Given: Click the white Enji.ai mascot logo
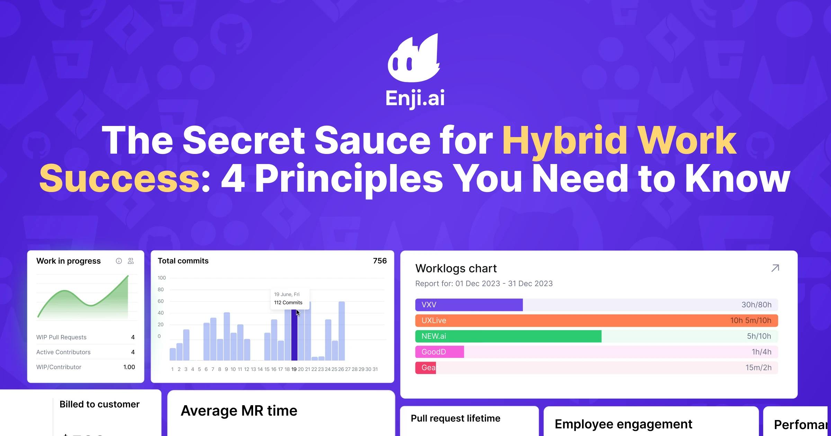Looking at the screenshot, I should (414, 59).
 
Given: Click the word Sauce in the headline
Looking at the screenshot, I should (372, 140).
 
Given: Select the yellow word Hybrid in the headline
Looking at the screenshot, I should (564, 140).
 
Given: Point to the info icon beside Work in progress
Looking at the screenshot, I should (119, 261).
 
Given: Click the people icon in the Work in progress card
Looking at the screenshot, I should (131, 261).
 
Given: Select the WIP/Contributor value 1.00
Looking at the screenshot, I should (129, 367).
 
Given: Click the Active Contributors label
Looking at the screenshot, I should (63, 352).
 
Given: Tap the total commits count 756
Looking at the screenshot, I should (379, 261).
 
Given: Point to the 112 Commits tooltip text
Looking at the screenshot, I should (288, 303).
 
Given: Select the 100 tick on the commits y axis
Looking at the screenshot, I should (162, 278).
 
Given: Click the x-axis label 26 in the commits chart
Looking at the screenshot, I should (341, 370).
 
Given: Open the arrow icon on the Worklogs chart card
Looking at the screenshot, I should (775, 268).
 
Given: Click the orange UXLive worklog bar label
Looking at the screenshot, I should (434, 320).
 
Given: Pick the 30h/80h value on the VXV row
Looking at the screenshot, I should (756, 305).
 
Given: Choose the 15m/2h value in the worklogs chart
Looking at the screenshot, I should (758, 367).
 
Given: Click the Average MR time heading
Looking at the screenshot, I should (239, 411).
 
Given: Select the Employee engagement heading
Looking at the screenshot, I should (623, 424).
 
